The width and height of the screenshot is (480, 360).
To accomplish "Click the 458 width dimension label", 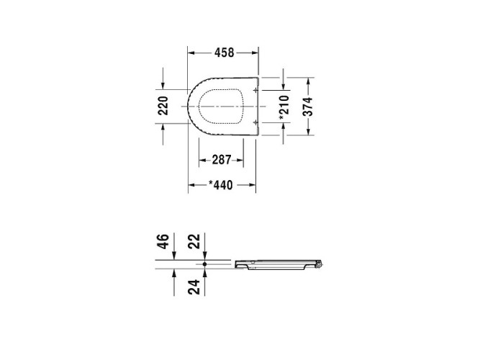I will click(x=223, y=53).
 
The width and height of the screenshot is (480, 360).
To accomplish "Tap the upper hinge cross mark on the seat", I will click(x=255, y=89).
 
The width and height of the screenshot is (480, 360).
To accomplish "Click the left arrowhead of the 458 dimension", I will click(x=191, y=53).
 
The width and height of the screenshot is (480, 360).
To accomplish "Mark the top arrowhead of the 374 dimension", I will click(x=309, y=78).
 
